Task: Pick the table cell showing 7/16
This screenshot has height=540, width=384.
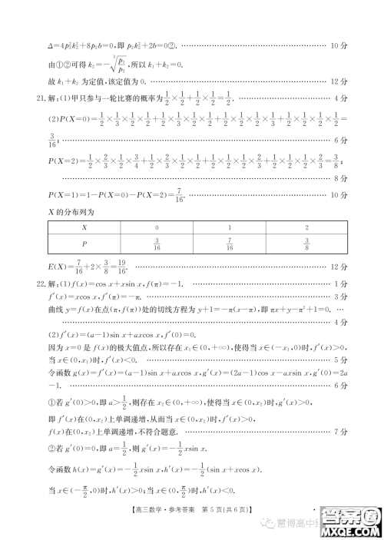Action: point(230,244)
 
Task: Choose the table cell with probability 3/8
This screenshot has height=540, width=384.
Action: point(308,244)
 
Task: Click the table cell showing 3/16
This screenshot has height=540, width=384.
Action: point(157,244)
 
